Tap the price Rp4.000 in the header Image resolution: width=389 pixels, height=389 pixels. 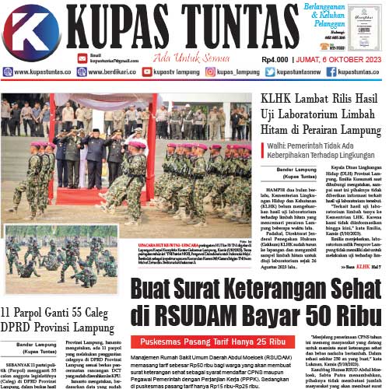(x=275, y=58)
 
